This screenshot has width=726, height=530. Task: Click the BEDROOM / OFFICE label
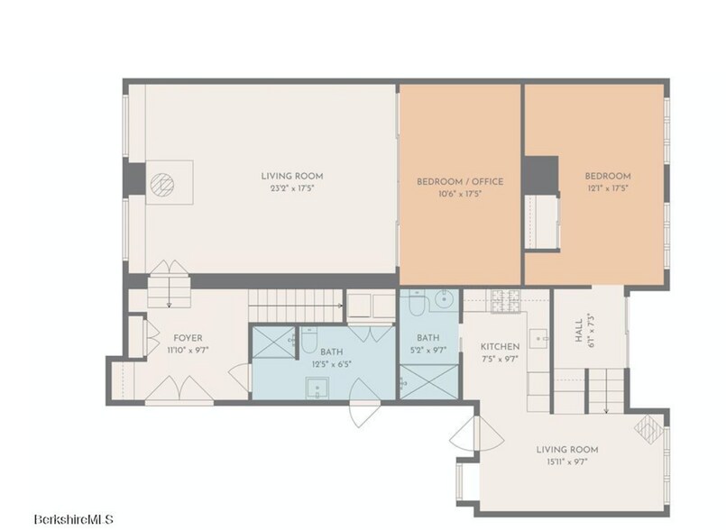(459, 180)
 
